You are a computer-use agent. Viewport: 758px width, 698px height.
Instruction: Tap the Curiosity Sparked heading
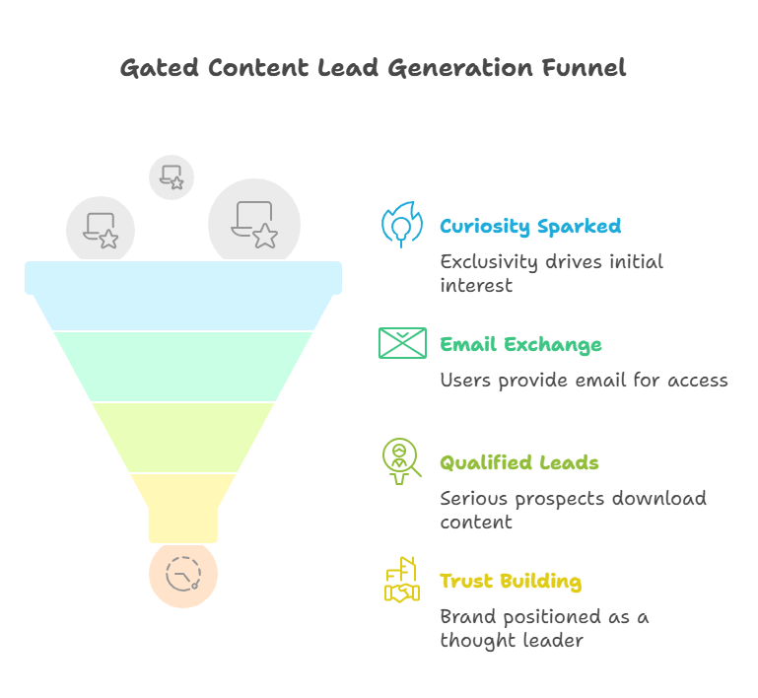coord(530,227)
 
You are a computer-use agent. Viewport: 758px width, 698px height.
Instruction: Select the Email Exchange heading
coord(520,345)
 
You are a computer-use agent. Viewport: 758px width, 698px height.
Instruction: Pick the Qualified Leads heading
coord(518,463)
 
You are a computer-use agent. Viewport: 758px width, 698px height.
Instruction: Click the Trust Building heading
coord(510,582)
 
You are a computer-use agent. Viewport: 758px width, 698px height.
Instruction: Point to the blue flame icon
coord(401,225)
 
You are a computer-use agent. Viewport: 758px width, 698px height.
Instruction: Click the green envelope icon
coord(402,343)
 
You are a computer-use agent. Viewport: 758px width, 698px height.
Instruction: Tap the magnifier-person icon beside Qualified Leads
coord(401,461)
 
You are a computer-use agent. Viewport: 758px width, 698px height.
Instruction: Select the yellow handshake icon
coord(401,581)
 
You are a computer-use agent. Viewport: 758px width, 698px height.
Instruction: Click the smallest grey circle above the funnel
coord(172,176)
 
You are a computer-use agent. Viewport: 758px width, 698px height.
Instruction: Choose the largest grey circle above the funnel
coord(254,224)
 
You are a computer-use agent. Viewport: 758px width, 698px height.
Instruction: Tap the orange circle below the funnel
coord(183,574)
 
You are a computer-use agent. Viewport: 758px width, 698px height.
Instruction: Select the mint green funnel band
coord(183,366)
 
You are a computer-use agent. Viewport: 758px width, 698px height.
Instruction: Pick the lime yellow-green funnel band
coord(183,437)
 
